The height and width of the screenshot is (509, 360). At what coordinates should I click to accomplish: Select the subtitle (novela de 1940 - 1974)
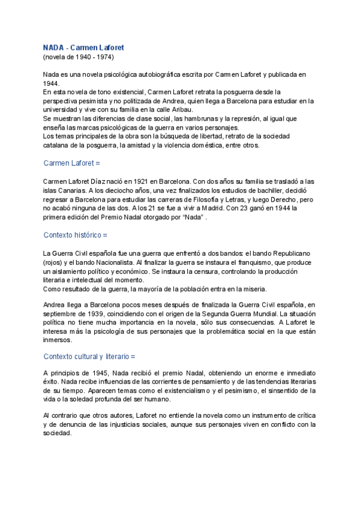pos(78,57)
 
